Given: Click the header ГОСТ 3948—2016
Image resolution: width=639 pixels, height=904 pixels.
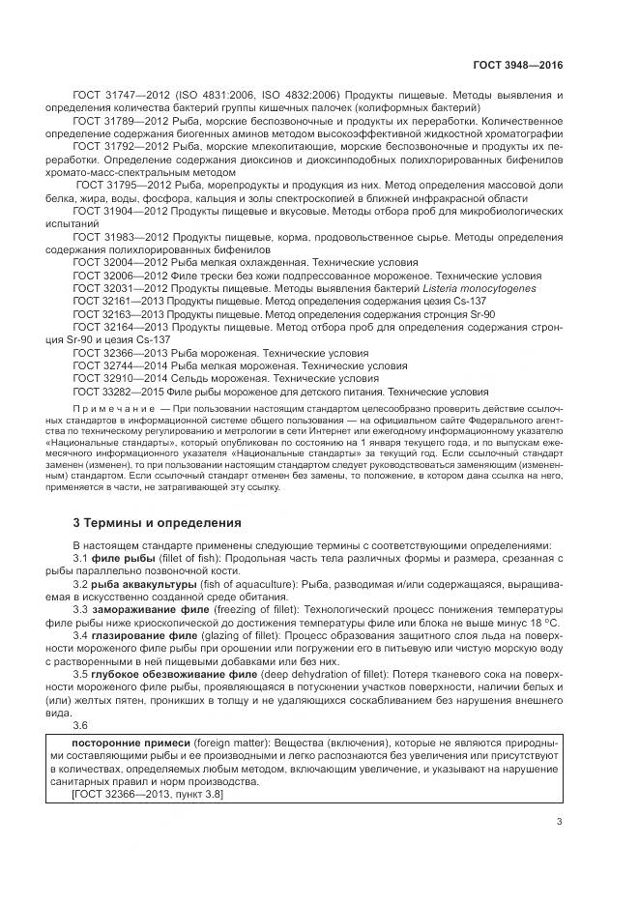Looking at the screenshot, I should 518,65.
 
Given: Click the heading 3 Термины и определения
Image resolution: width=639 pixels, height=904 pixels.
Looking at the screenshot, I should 152,522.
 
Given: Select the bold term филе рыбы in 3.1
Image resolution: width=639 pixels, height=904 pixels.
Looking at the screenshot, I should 121,559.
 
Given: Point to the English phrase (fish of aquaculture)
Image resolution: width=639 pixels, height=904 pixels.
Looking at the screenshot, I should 245,586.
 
